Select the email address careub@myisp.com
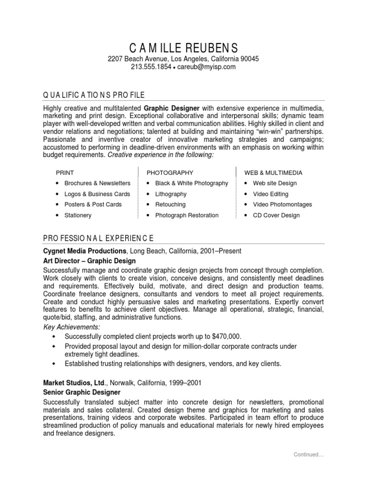(207, 67)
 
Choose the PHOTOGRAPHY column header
(170, 172)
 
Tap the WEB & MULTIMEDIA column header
(273, 172)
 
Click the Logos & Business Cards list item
(97, 194)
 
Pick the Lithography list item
(171, 194)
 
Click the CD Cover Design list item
(276, 215)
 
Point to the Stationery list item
(78, 215)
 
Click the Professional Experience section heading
(98, 238)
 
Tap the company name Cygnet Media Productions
(85, 251)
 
